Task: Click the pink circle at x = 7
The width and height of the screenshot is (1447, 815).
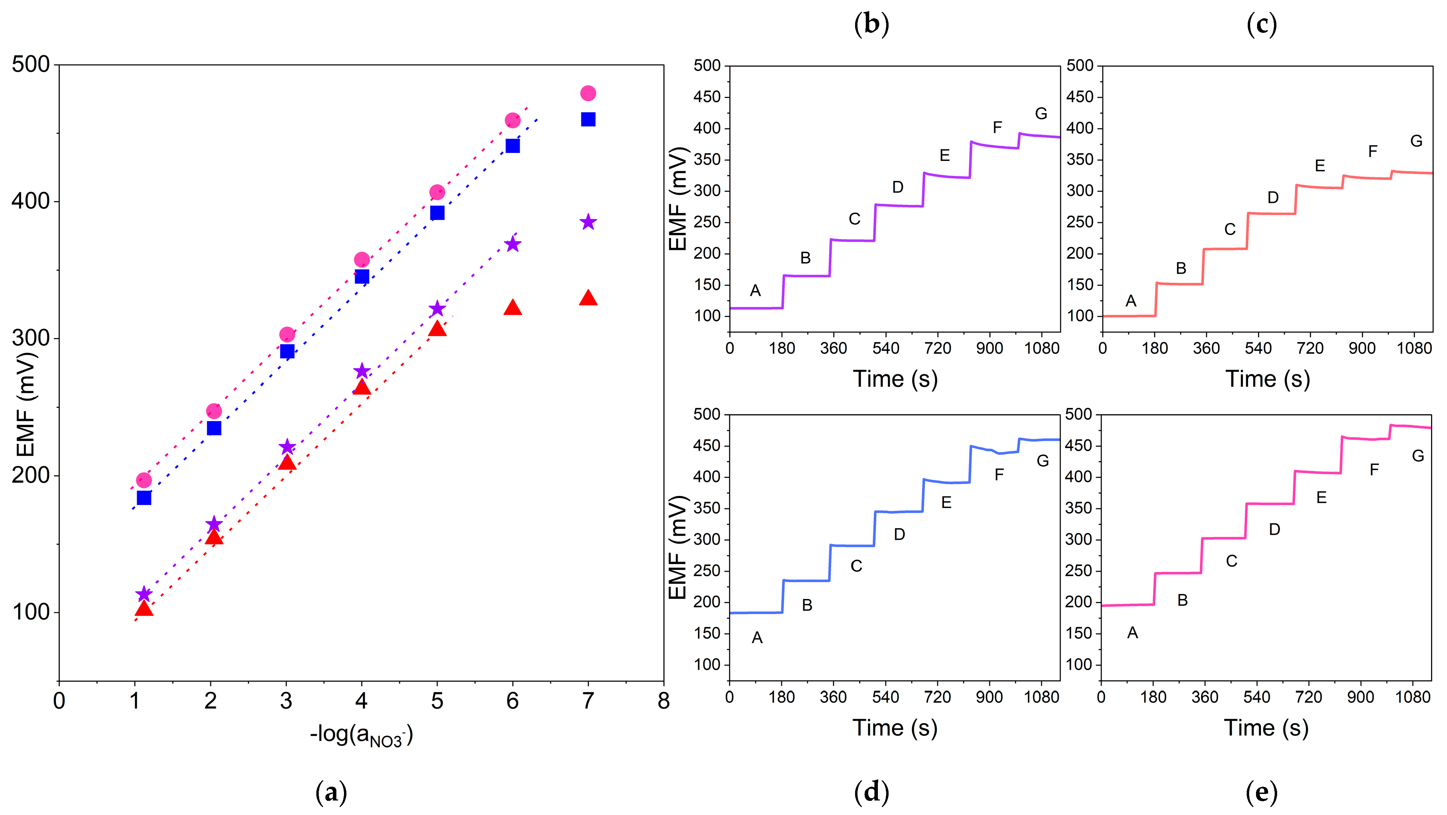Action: tap(587, 93)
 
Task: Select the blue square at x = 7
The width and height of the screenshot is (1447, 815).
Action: tap(587, 119)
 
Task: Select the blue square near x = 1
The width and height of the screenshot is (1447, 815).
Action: tap(144, 498)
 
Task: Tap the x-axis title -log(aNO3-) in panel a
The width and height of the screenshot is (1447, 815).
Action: tap(361, 735)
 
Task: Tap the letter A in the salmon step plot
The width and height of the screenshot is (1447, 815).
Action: tap(1131, 301)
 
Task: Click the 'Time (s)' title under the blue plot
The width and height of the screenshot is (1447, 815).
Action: tap(895, 728)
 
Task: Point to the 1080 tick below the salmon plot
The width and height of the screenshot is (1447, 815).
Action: tap(1414, 349)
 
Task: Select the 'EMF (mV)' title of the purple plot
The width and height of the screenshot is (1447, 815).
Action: tap(679, 199)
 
